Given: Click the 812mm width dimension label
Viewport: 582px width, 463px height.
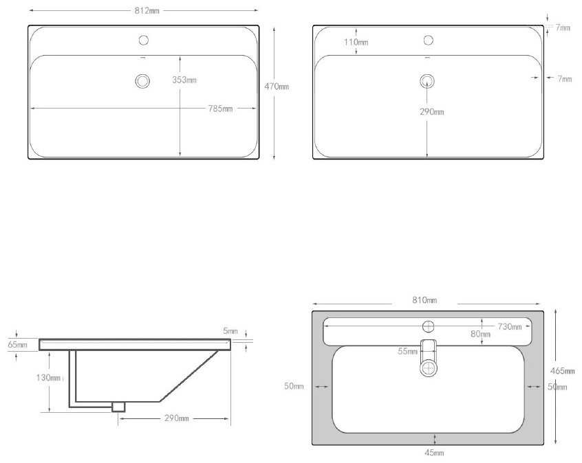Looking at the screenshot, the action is click(147, 11).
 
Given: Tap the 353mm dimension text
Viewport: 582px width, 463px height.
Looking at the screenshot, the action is click(184, 80).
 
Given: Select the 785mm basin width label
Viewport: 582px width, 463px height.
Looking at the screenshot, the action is click(220, 109).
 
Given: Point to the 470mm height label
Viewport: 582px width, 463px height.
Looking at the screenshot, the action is click(277, 87).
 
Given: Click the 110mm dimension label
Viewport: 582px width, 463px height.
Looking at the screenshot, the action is click(356, 43).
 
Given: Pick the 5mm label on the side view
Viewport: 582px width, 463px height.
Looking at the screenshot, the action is click(230, 330).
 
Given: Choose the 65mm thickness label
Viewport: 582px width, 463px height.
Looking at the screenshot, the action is click(17, 345).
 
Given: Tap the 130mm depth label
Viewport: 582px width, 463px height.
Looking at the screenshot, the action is click(48, 378).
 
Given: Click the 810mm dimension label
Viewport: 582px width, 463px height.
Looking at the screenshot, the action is click(424, 300).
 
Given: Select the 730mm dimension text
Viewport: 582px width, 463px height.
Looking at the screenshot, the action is click(510, 326).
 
